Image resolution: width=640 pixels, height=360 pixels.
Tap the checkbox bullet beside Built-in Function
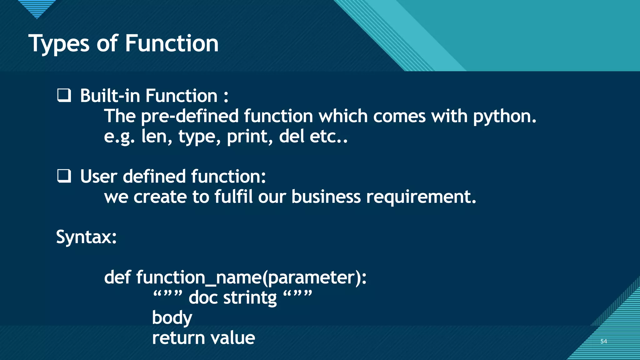(x=64, y=95)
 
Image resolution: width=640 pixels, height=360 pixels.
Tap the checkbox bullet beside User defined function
(x=64, y=176)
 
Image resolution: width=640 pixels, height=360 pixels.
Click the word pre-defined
(x=190, y=116)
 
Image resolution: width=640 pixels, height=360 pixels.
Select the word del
(x=291, y=136)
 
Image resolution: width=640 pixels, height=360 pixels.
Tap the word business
(x=326, y=197)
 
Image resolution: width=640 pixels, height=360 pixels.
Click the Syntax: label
(x=86, y=237)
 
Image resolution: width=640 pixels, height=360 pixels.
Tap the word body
(x=172, y=318)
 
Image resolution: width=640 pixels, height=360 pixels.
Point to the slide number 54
(x=603, y=341)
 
